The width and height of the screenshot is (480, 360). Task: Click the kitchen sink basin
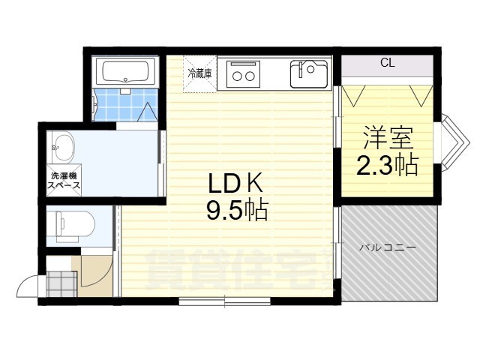[x=308, y=74]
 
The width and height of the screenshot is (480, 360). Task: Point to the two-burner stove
[x=243, y=74]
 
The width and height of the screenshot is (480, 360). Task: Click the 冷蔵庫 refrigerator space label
[x=199, y=73]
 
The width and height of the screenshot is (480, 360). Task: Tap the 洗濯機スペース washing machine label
[x=64, y=181]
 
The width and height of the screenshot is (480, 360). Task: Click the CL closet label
[x=388, y=62]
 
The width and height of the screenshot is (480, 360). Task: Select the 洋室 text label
[x=388, y=137]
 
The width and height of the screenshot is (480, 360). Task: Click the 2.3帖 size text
[x=387, y=165]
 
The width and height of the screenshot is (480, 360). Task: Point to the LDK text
[x=235, y=184]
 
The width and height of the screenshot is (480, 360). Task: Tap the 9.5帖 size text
[x=237, y=210]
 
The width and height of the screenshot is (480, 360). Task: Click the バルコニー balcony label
[x=388, y=247]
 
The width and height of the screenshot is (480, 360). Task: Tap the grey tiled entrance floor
[x=61, y=283]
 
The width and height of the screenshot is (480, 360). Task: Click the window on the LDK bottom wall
[x=225, y=301]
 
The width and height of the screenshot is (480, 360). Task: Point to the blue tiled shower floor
[x=125, y=104]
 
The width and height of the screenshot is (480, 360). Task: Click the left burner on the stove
[x=237, y=76]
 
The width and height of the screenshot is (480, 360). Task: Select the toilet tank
[x=59, y=226]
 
